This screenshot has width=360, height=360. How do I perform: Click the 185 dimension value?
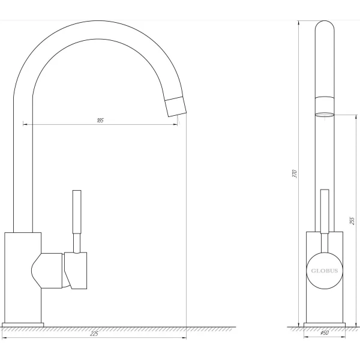pyautogui.click(x=100, y=121)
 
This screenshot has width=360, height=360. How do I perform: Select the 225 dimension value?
pyautogui.click(x=94, y=334)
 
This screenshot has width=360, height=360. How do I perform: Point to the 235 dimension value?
pyautogui.click(x=352, y=221)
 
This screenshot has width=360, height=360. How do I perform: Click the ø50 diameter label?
pyautogui.click(x=324, y=333)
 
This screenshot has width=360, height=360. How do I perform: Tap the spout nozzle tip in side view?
pyautogui.click(x=175, y=107)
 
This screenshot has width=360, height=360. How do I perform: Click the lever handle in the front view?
pyautogui.click(x=325, y=210)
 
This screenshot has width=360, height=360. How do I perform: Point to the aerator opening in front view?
pyautogui.click(x=325, y=113)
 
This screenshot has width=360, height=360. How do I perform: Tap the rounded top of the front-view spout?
pyautogui.click(x=325, y=25)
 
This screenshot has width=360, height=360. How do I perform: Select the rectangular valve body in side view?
pyautogui.click(x=22, y=276)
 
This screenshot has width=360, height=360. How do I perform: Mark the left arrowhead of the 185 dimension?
pyautogui.click(x=25, y=124)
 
